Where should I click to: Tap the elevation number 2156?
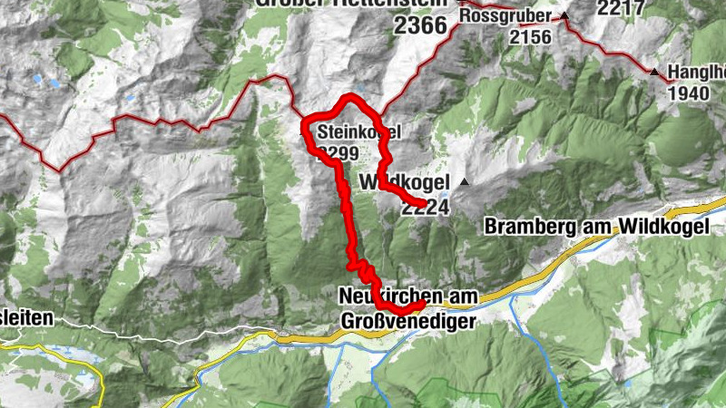coord(531,36)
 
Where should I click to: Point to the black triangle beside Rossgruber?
coord(564,16)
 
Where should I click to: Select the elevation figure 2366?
coord(420,26)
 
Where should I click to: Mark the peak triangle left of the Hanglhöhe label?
coord(654,72)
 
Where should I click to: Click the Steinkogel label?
coord(358,132)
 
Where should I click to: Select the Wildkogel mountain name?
coord(405,183)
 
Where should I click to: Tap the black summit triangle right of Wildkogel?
coord(465,182)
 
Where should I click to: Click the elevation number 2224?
coord(426,207)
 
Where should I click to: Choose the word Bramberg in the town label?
coord(531,227)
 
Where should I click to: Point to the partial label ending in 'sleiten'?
coord(27,318)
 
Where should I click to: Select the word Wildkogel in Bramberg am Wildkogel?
coord(663,227)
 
